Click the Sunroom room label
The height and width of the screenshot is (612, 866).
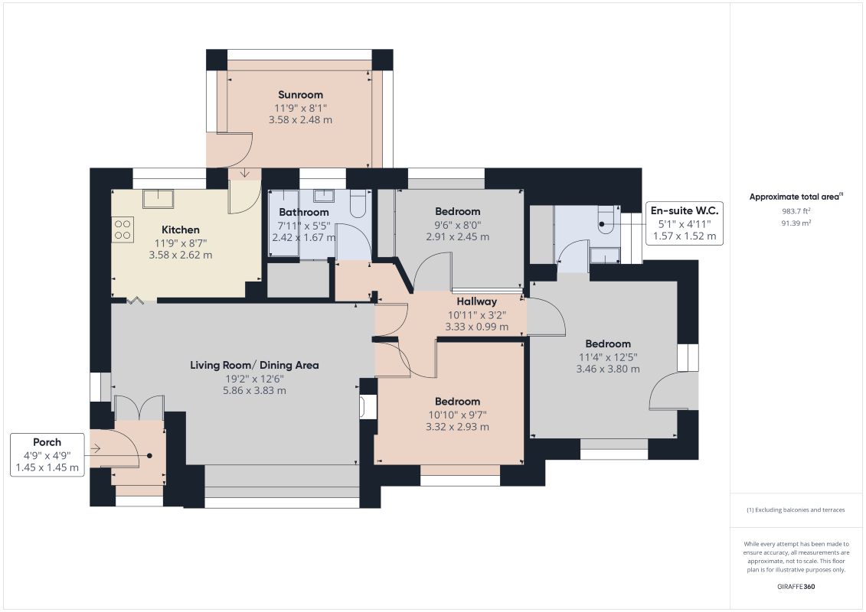coord(300,94)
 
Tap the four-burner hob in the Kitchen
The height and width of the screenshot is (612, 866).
coord(123,229)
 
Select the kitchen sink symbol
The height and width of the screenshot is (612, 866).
coord(158,198)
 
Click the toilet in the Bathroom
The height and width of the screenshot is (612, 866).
coord(358,203)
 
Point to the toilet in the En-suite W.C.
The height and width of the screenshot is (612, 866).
coord(606,220)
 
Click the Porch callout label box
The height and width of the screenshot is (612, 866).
coord(47,454)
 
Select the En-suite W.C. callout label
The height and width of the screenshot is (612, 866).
coord(685,223)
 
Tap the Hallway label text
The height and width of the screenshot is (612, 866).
coord(476,301)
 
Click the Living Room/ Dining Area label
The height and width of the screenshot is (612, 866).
coord(255,365)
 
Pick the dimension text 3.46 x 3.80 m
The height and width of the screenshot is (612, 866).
coord(608,369)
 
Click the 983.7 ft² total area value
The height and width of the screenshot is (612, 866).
coord(796,211)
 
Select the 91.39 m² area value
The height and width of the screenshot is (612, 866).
coord(796,223)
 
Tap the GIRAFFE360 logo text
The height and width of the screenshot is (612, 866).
coord(796,586)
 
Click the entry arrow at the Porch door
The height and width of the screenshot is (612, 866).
coord(96,448)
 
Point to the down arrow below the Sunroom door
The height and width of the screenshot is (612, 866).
coord(245,174)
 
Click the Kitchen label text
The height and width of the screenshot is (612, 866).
coord(181,229)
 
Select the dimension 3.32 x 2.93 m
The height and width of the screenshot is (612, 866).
coord(457,427)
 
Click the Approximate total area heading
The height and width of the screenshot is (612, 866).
coord(796,197)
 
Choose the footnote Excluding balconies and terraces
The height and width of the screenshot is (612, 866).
coord(796,510)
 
